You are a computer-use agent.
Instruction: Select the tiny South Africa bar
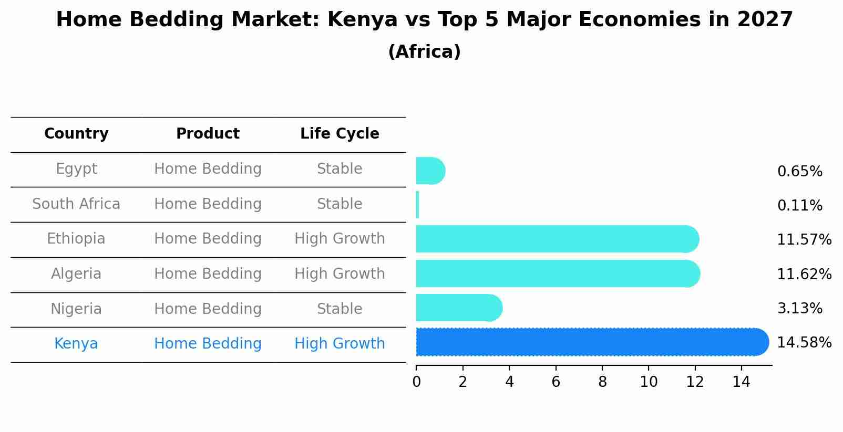[417, 205]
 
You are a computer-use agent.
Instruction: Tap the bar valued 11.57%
[557, 239]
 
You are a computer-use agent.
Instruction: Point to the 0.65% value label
[799, 172]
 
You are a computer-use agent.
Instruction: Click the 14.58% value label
[804, 343]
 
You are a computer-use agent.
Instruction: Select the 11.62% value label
[804, 275]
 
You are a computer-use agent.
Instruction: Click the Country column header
[76, 134]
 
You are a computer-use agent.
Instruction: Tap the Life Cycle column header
[340, 134]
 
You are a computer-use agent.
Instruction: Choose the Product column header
[208, 134]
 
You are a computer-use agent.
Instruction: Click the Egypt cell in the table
[76, 169]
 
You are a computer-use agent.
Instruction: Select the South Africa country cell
[76, 204]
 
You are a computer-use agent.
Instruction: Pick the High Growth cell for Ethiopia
[340, 239]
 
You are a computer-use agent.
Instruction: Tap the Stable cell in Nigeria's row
[340, 309]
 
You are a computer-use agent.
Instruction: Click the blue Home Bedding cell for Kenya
[208, 344]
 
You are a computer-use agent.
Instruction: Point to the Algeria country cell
[76, 274]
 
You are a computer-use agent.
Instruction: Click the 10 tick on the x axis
[649, 382]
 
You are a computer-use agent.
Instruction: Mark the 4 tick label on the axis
[509, 382]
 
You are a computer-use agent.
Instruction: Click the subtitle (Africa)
[424, 52]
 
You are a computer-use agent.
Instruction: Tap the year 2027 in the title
[765, 20]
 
